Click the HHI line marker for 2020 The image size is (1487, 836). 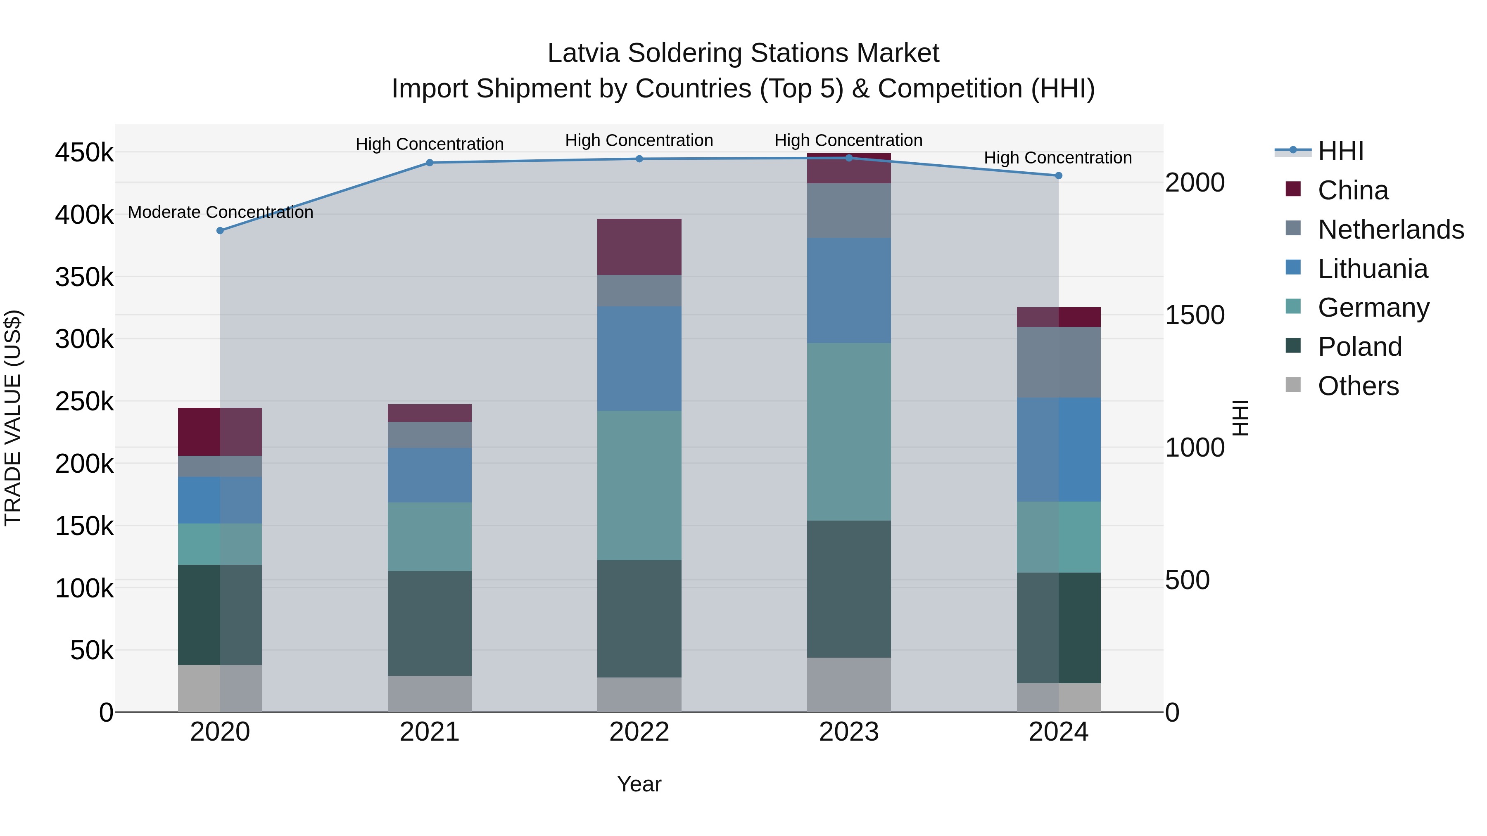[220, 231]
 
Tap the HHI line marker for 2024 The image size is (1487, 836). [1058, 175]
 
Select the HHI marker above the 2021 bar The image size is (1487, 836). [430, 163]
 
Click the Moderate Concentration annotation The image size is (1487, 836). [221, 212]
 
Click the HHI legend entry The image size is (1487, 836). [1340, 151]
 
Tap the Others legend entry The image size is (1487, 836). [1358, 386]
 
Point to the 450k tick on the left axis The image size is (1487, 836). [84, 153]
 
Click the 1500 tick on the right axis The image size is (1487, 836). [1194, 315]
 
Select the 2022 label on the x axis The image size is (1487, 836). [639, 732]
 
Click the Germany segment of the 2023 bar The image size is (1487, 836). [848, 431]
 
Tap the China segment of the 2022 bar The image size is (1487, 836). [639, 247]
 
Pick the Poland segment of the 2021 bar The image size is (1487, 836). [430, 623]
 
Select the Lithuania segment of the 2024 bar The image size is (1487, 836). [1058, 450]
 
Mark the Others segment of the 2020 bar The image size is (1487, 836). [220, 688]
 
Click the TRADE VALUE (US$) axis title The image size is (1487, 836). [13, 418]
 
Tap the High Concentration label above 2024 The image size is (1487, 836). [1057, 158]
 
